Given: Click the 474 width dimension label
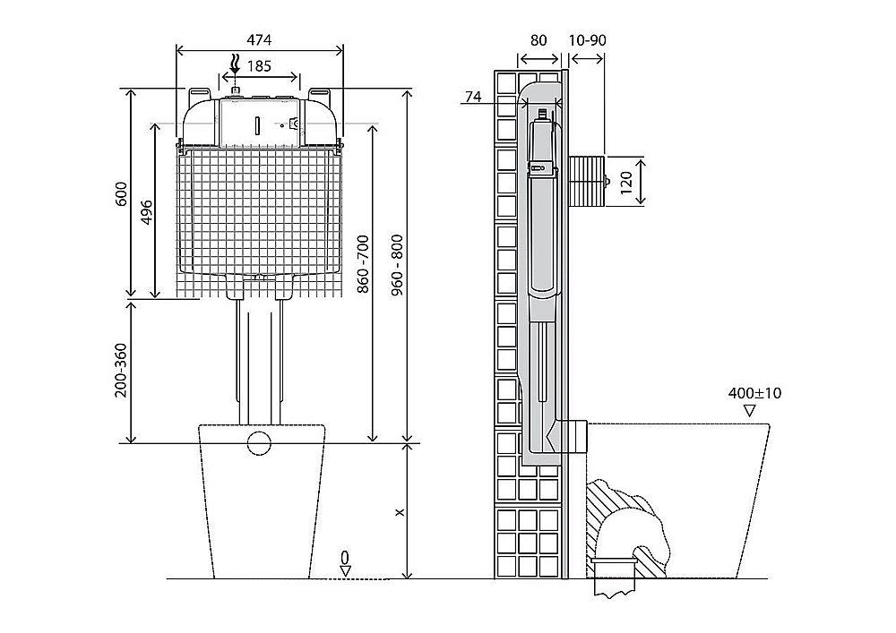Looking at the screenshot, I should [260, 40].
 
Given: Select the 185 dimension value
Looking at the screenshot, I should [260, 66].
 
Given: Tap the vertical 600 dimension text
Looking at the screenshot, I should [123, 193].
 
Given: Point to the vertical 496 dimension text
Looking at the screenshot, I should [147, 211].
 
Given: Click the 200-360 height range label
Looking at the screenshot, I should [123, 370].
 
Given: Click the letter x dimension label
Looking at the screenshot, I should [400, 512].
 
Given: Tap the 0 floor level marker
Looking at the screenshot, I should [345, 558].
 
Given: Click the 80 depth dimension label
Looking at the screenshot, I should [538, 40].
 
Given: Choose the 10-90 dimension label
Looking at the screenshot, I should [588, 40].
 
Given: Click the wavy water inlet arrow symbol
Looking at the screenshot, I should [236, 64].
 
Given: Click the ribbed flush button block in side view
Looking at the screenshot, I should [588, 180].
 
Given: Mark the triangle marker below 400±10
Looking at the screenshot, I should [749, 410].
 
